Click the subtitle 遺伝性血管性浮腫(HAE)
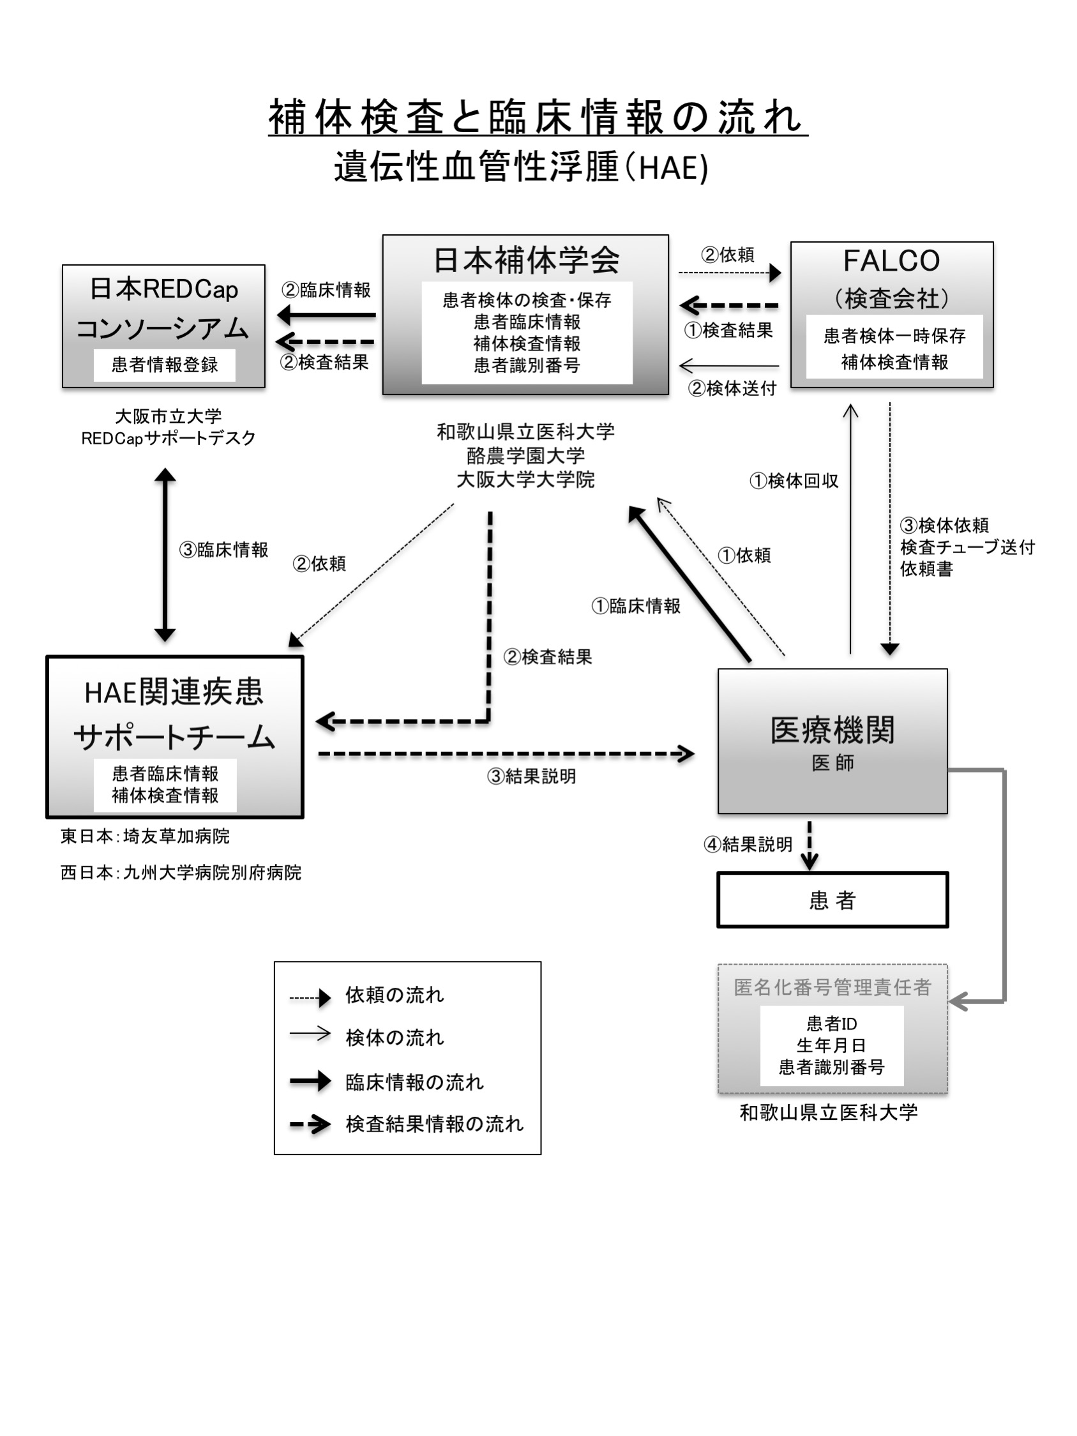coord(521,167)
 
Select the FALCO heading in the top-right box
coord(891,261)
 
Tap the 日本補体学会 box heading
coord(526,261)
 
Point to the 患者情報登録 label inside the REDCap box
coord(164,365)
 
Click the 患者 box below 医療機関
coord(832,900)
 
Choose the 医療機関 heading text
coord(832,730)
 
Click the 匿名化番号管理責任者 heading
coord(832,987)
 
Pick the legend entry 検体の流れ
coord(395,1038)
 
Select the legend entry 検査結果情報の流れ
coord(434,1124)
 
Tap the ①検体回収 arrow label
coord(794,481)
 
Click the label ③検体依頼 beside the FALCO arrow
coord(945,525)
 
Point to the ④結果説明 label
coord(748,845)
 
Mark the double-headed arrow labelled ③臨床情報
coord(165,555)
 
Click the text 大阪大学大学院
coord(525,480)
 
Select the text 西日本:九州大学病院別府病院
coord(181,872)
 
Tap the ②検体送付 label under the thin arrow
coord(732,388)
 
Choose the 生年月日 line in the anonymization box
coord(831,1045)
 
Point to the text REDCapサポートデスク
coord(168,438)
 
